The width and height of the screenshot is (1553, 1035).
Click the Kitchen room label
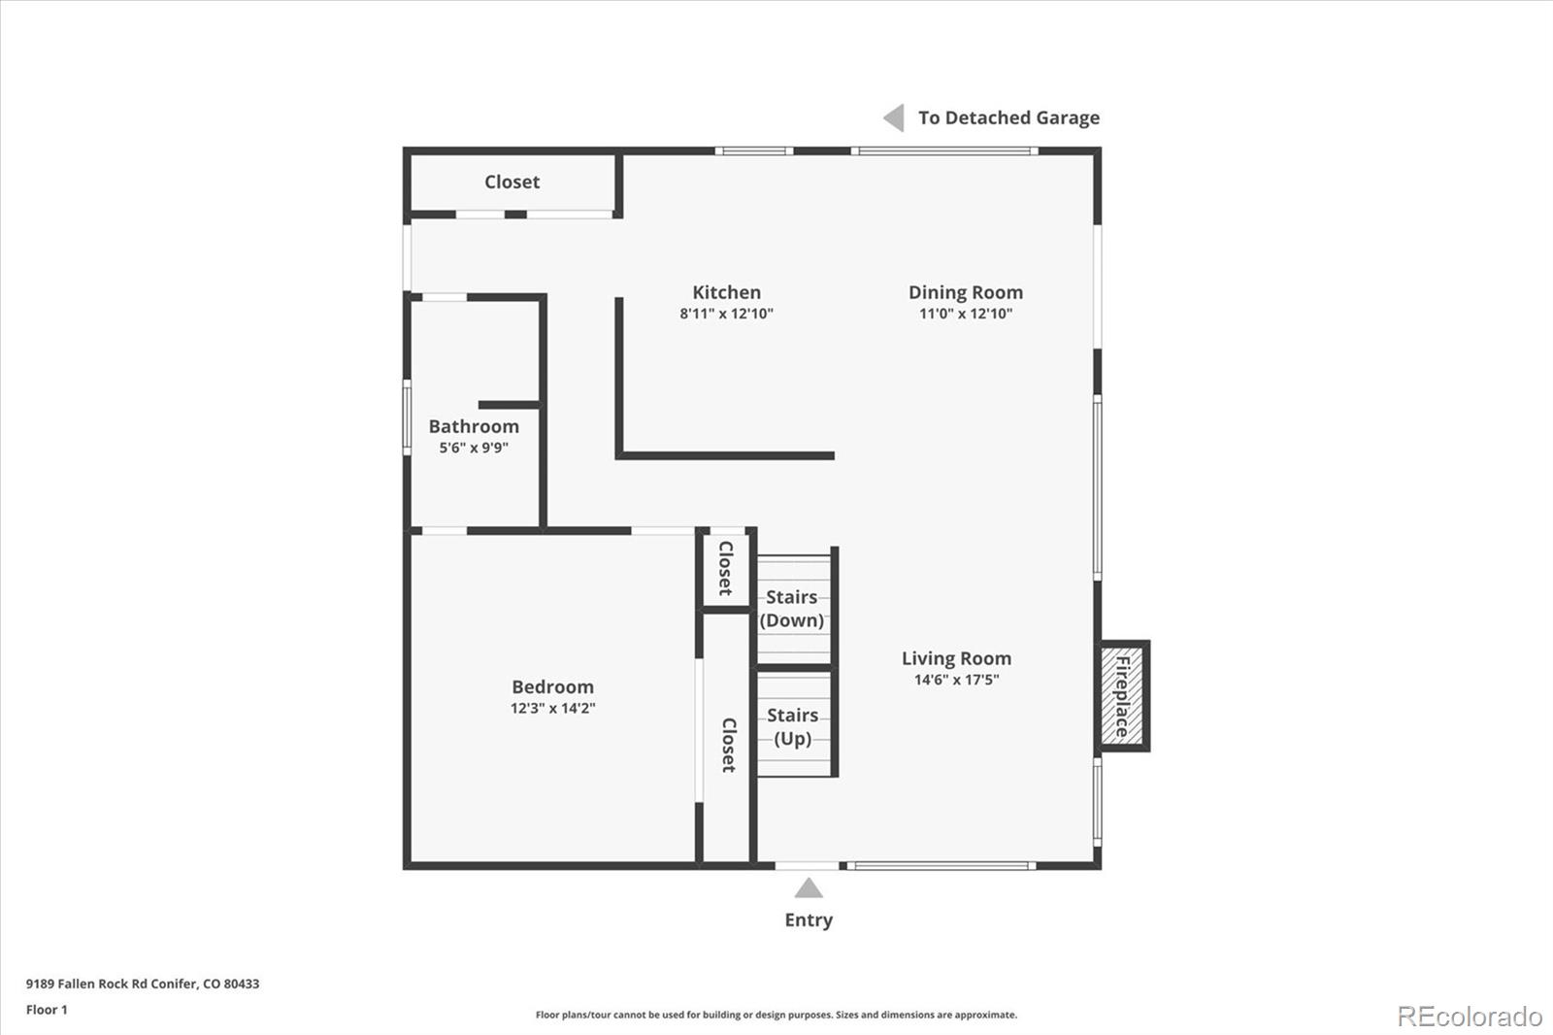tap(726, 292)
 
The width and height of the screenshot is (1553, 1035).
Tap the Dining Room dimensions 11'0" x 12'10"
tap(965, 314)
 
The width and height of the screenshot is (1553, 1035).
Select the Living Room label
tap(956, 658)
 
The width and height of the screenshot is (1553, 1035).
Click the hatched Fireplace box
tap(1123, 696)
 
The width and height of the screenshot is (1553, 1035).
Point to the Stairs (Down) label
tap(792, 609)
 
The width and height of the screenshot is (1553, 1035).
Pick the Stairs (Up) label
tap(792, 726)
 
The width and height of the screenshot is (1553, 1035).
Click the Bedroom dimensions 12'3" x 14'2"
tap(552, 709)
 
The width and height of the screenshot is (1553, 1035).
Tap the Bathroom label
tap(474, 426)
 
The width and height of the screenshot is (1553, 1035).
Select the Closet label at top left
tap(512, 182)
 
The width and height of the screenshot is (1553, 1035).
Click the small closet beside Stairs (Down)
tap(725, 568)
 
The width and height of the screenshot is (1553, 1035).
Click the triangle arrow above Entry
tap(809, 888)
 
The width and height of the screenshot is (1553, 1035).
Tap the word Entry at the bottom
tap(809, 919)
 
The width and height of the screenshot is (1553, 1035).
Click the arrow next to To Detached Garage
tap(894, 117)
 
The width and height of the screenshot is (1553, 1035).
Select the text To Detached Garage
tap(1008, 117)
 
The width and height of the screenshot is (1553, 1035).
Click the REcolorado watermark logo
tap(1470, 1017)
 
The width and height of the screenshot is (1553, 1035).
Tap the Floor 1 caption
tap(47, 1010)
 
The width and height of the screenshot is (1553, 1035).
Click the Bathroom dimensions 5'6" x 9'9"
tap(474, 448)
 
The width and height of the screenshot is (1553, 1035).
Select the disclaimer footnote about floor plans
tap(776, 1015)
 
